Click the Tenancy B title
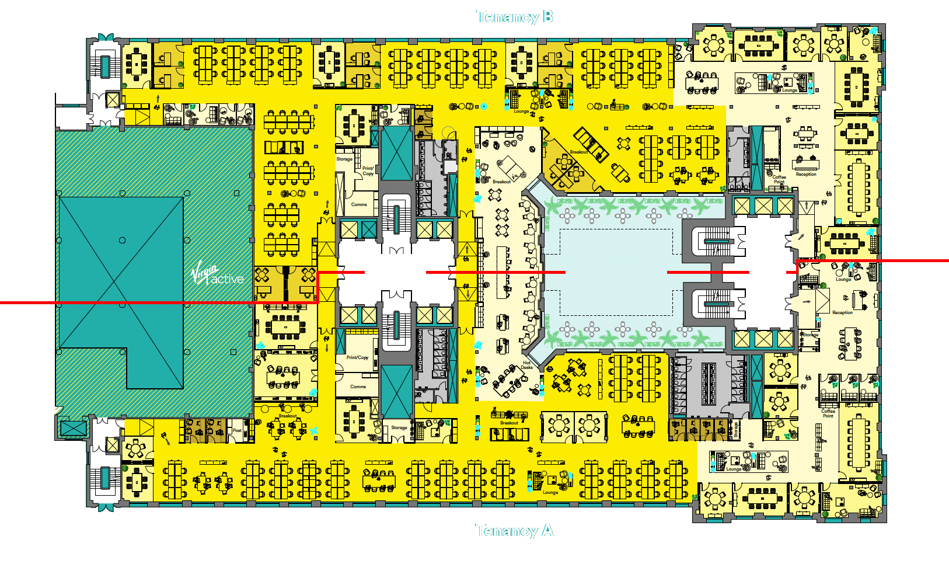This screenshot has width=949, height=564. [x=514, y=17]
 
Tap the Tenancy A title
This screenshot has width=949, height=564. [x=514, y=531]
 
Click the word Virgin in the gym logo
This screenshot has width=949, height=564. [x=205, y=273]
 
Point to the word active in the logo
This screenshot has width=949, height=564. [x=227, y=280]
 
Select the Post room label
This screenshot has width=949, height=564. [x=237, y=430]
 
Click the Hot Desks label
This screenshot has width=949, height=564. [x=526, y=365]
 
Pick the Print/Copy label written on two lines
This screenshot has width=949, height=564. [x=368, y=171]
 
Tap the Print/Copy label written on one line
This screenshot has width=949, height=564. [x=357, y=357]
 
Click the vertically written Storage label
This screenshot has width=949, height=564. [x=736, y=430]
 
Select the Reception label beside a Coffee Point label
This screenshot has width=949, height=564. [x=806, y=174]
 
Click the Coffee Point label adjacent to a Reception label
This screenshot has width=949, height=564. [x=779, y=179]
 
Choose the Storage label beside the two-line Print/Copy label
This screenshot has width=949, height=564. [x=344, y=159]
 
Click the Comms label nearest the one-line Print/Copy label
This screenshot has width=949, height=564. [x=358, y=387]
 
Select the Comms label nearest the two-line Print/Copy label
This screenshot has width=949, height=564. [x=359, y=204]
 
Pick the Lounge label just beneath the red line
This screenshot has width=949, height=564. [x=843, y=279]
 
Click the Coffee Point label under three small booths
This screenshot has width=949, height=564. [x=828, y=413]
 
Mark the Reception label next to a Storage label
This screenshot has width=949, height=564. [x=842, y=312]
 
